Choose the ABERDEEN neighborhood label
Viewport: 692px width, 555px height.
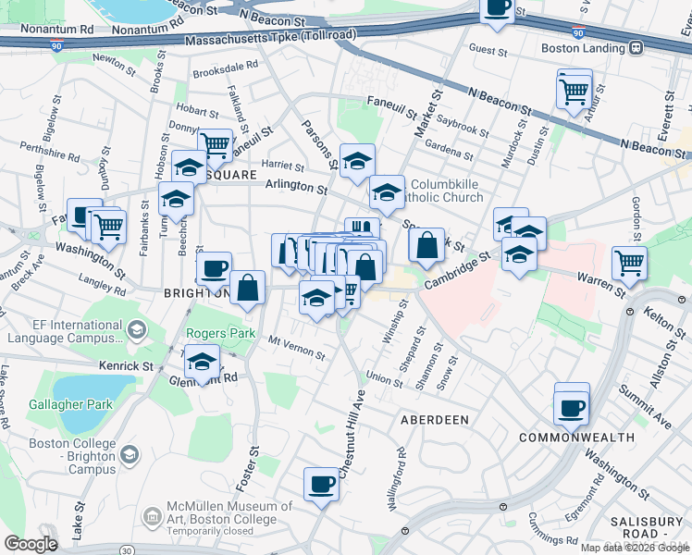point(434,419)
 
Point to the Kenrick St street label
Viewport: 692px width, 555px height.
point(128,366)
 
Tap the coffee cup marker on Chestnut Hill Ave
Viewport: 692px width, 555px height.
point(322,484)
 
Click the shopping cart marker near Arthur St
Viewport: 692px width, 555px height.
point(575,91)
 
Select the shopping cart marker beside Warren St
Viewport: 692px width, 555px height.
point(629,262)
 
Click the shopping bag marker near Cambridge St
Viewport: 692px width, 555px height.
point(426,246)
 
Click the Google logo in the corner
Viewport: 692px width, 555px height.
point(31,544)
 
